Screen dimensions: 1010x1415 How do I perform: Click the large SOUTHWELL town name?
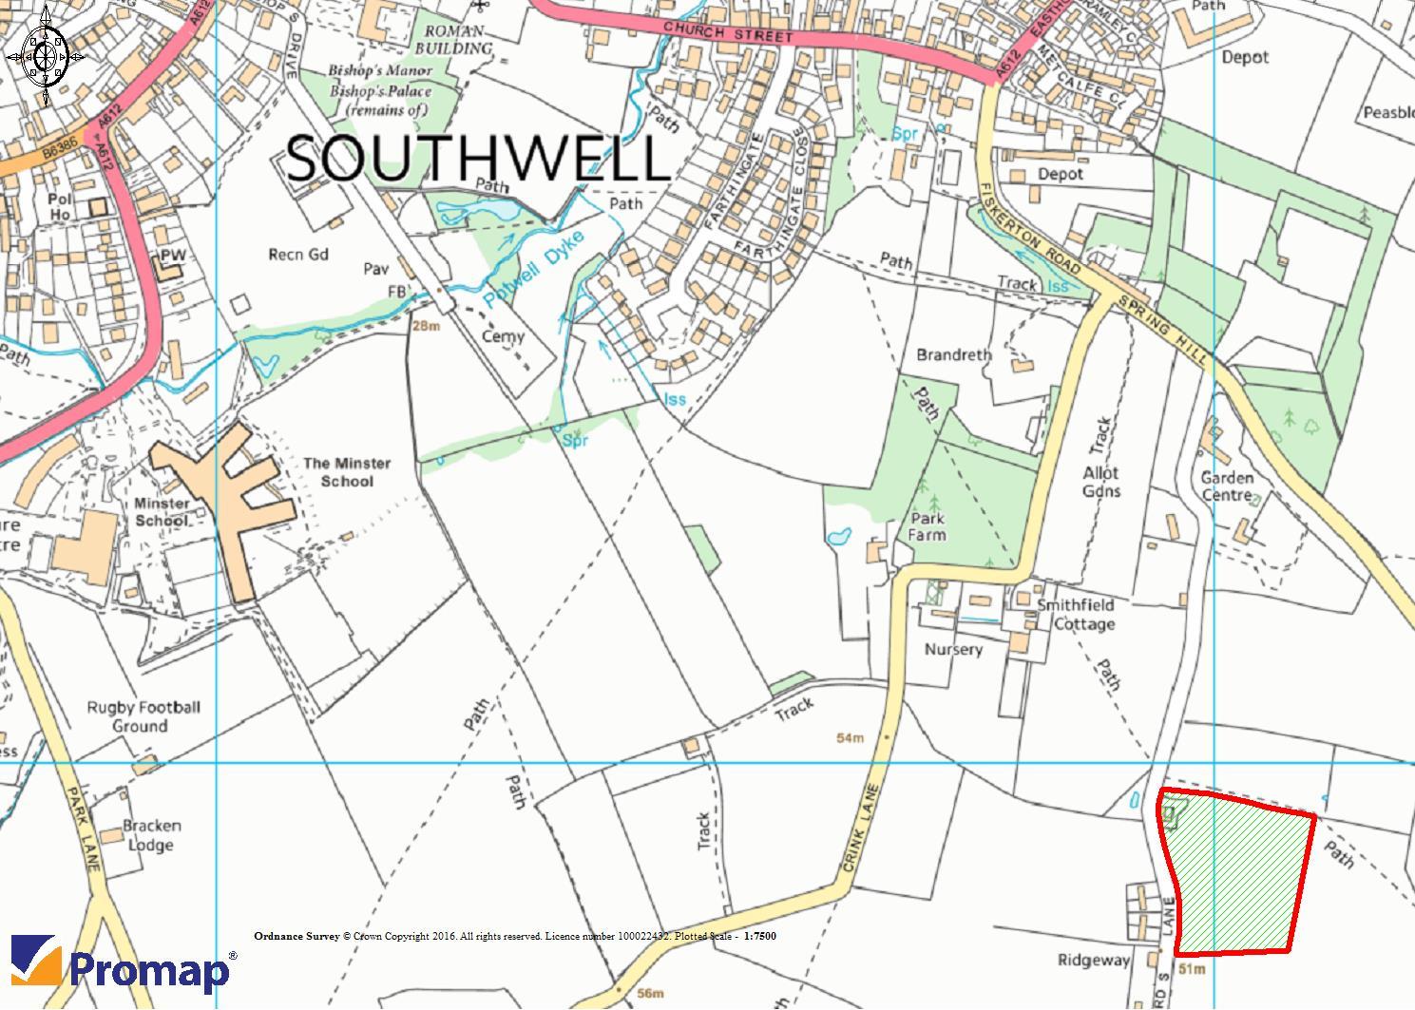(x=478, y=159)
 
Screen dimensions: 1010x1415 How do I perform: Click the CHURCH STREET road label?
(x=728, y=34)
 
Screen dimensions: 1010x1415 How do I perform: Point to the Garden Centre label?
(x=1227, y=486)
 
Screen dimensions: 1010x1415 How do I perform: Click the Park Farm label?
(x=927, y=526)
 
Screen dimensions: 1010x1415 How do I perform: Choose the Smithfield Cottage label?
(x=1076, y=615)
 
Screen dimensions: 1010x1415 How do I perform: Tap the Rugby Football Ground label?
(x=143, y=716)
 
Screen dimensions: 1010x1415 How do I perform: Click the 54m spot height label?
(x=851, y=738)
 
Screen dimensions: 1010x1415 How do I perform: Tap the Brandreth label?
(x=953, y=354)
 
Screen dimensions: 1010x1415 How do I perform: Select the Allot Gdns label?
(x=1101, y=482)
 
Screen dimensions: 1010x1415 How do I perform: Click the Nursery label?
(x=953, y=649)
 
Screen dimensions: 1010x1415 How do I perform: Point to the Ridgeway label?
(x=1094, y=961)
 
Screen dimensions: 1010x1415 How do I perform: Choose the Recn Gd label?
(x=298, y=255)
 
